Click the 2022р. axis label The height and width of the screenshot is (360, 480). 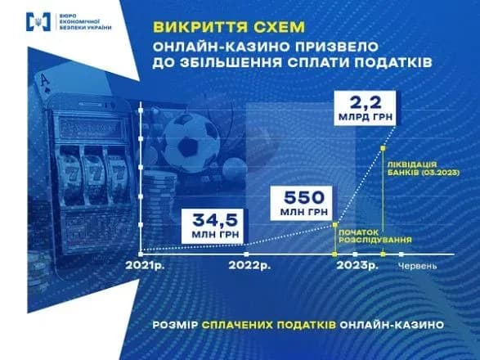point(250,267)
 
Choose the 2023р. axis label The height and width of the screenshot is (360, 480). point(357,267)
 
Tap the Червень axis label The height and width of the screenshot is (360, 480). point(418,267)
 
